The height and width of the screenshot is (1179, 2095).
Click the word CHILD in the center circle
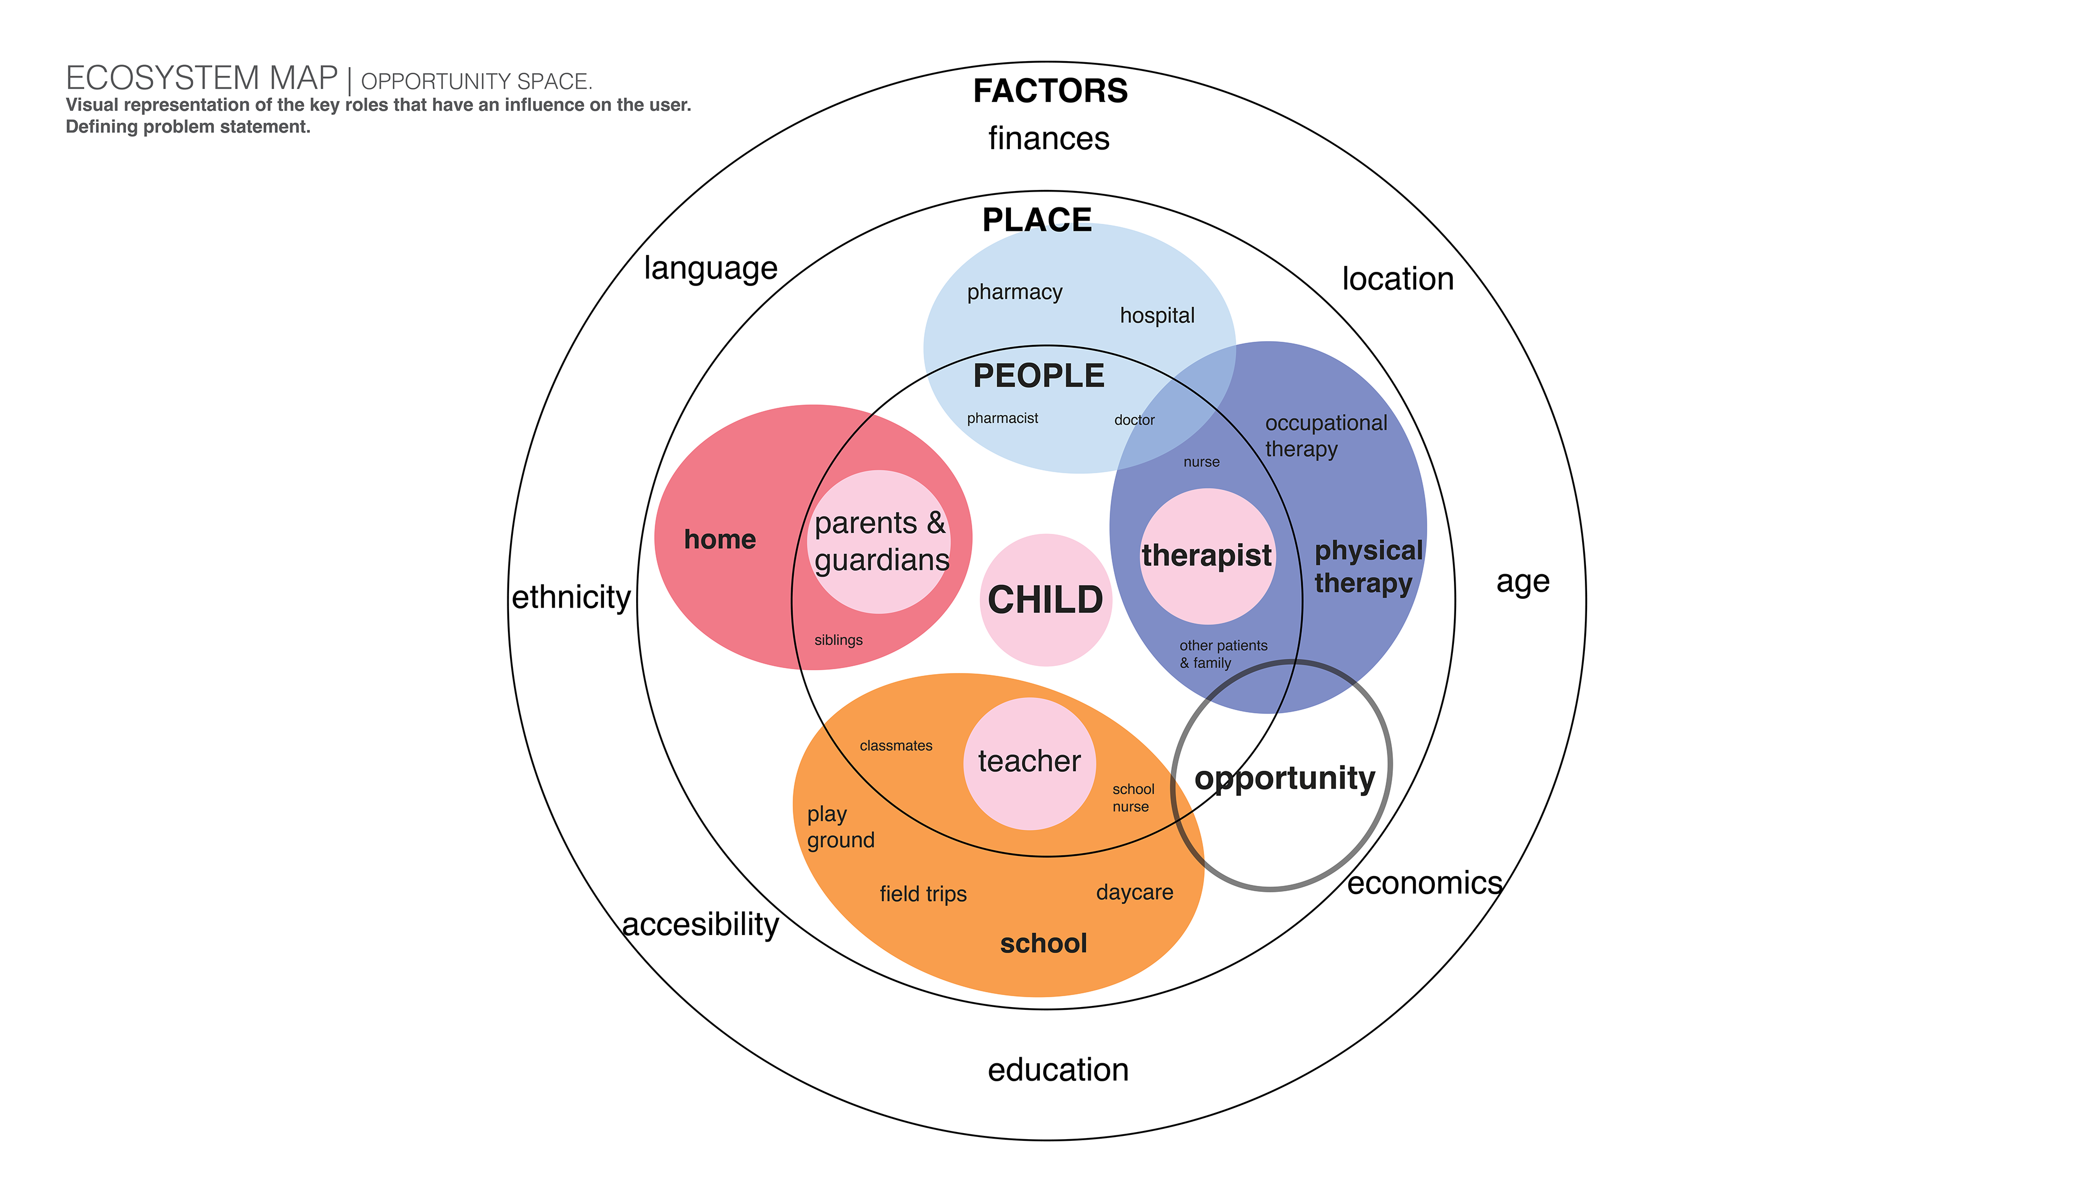1045,600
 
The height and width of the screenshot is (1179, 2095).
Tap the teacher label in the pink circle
1029,761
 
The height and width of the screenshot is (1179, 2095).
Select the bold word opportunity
1284,779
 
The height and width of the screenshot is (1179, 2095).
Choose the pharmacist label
1002,418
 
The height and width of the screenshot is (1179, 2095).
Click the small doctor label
1134,420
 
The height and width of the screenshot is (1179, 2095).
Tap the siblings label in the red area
837,640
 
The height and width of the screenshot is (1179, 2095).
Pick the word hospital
1157,315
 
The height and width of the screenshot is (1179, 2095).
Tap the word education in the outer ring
1057,1070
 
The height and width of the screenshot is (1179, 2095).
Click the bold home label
720,539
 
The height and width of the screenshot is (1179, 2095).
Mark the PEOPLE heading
1039,376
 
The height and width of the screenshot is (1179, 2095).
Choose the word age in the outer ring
1523,582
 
